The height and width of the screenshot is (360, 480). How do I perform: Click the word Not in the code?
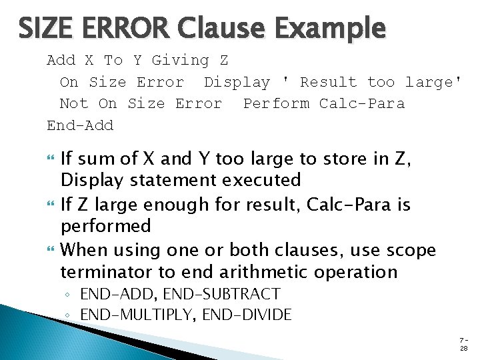coord(73,103)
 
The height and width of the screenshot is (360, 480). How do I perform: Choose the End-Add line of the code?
coord(80,125)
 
